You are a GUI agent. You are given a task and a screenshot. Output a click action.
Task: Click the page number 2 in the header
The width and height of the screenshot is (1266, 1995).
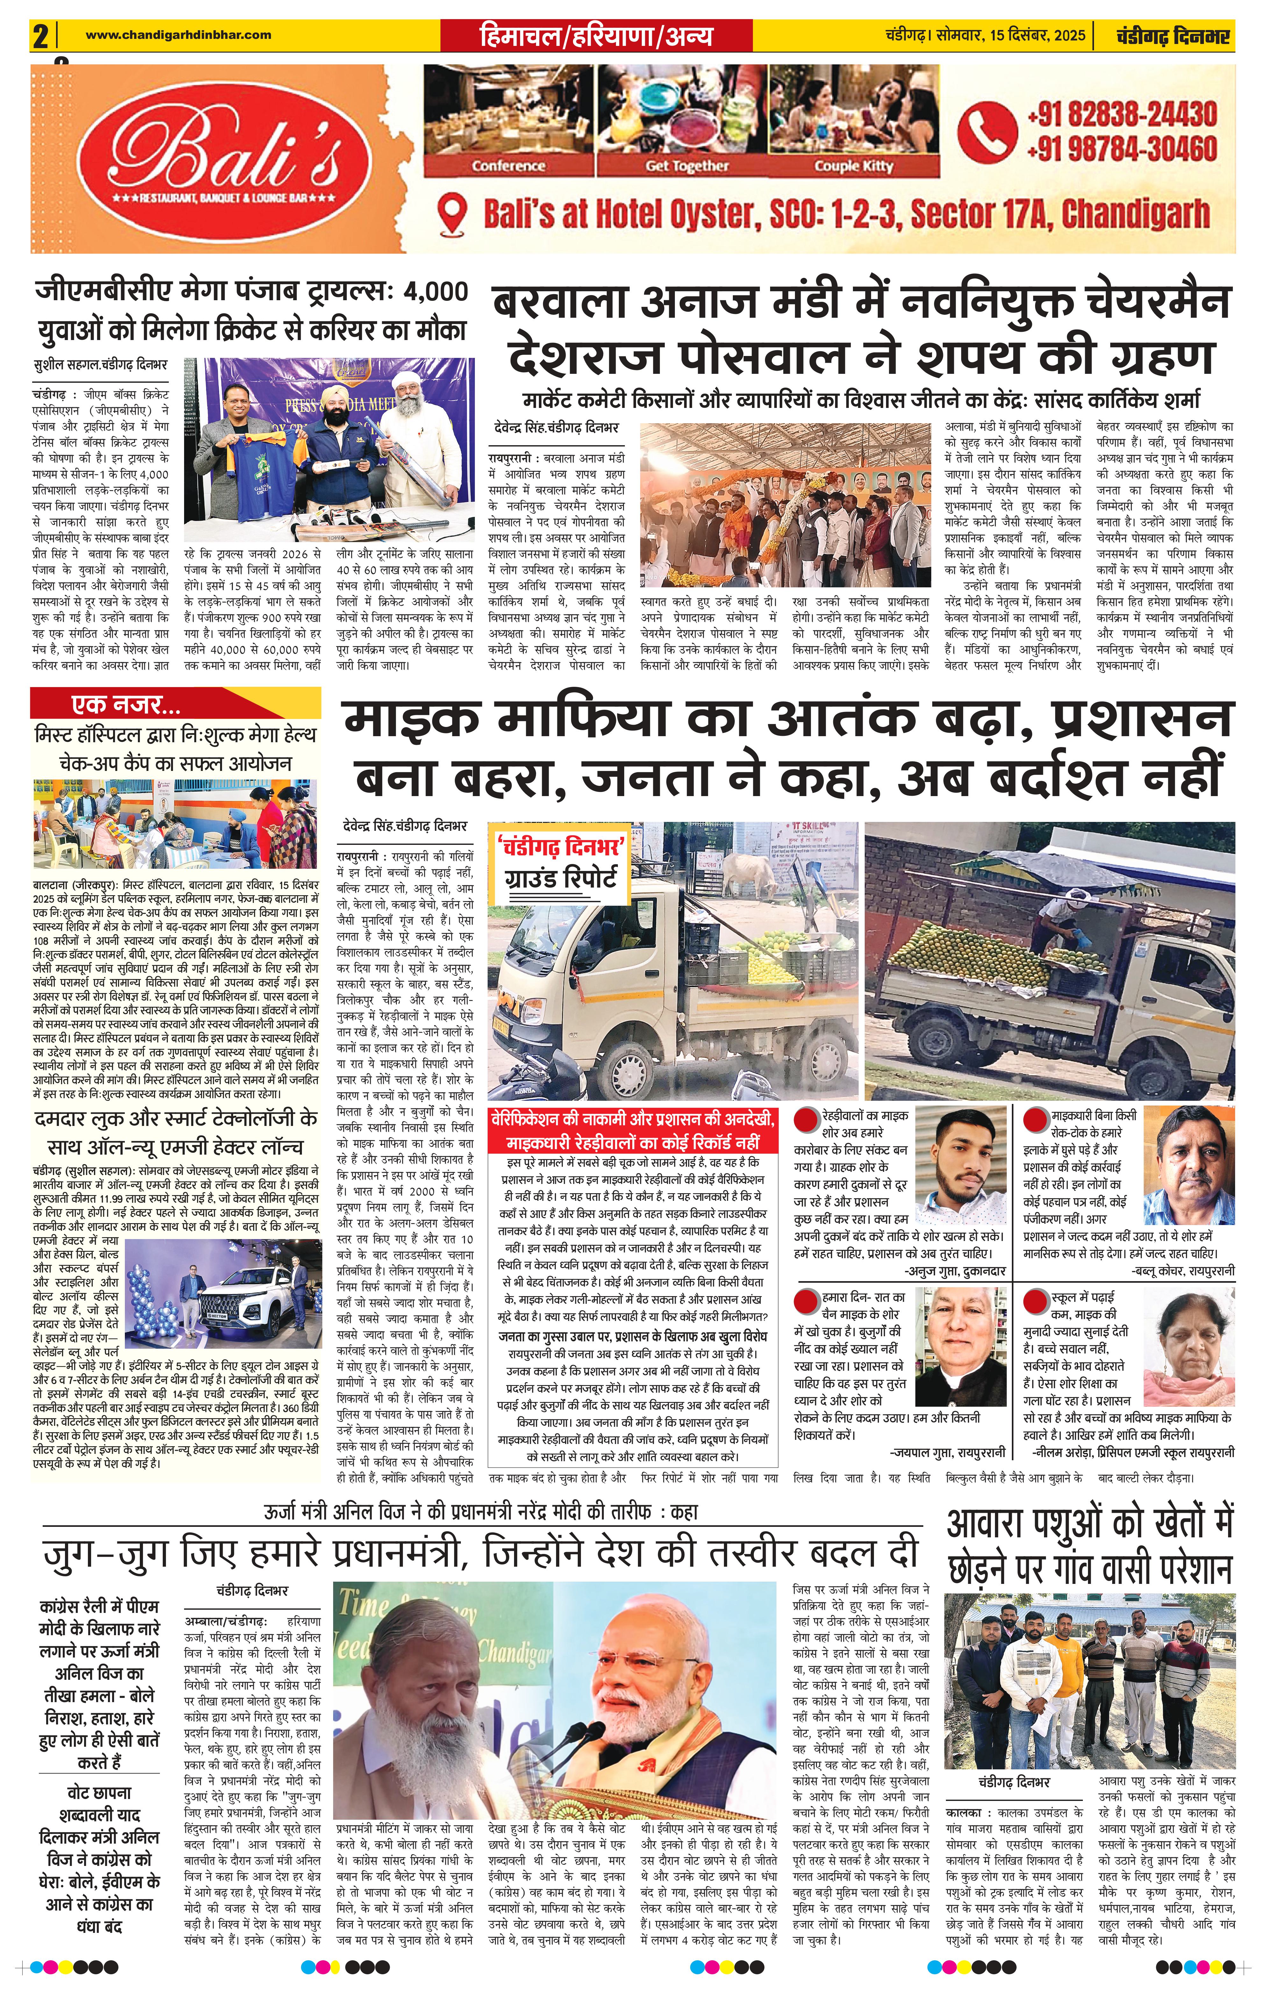(39, 36)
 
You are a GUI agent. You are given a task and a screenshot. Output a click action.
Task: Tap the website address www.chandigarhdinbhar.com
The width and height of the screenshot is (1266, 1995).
(178, 35)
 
